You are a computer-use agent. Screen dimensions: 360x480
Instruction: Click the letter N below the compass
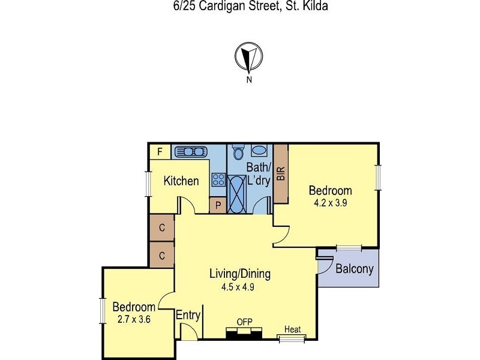[248, 79]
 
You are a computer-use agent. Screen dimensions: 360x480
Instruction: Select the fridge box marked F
[160, 152]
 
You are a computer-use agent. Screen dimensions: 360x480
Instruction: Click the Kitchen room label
[181, 181]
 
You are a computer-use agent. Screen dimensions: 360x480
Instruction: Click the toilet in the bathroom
[238, 151]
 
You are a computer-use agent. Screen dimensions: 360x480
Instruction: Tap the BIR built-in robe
[280, 174]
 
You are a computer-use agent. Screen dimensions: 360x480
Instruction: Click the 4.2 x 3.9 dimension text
[331, 203]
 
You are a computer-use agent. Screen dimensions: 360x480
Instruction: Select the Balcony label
[355, 269]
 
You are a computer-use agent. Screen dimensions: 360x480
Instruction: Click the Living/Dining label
[239, 274]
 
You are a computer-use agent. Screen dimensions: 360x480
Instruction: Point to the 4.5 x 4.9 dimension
[239, 287]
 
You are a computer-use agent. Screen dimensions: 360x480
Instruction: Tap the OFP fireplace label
[244, 322]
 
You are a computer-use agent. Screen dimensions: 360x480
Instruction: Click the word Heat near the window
[293, 329]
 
